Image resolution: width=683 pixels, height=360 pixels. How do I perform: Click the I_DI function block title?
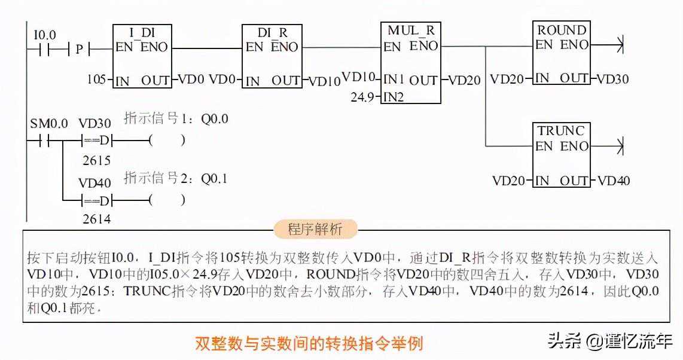(142, 32)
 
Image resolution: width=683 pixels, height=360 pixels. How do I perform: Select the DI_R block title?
(272, 32)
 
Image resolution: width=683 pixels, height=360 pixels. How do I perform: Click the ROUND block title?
(562, 29)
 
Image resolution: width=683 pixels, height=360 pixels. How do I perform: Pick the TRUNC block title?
(561, 130)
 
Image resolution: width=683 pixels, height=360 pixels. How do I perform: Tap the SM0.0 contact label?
(48, 123)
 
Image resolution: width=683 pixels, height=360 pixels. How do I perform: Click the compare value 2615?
(96, 160)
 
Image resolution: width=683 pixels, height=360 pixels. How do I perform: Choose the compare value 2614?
(96, 219)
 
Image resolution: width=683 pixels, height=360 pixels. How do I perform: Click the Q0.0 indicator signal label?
(214, 119)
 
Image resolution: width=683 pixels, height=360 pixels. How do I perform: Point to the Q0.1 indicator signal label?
(214, 178)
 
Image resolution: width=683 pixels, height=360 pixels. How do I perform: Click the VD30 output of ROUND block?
(612, 79)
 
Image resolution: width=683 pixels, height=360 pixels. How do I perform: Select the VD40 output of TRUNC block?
(614, 181)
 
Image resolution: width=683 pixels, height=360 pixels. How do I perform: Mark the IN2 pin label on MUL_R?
(394, 96)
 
